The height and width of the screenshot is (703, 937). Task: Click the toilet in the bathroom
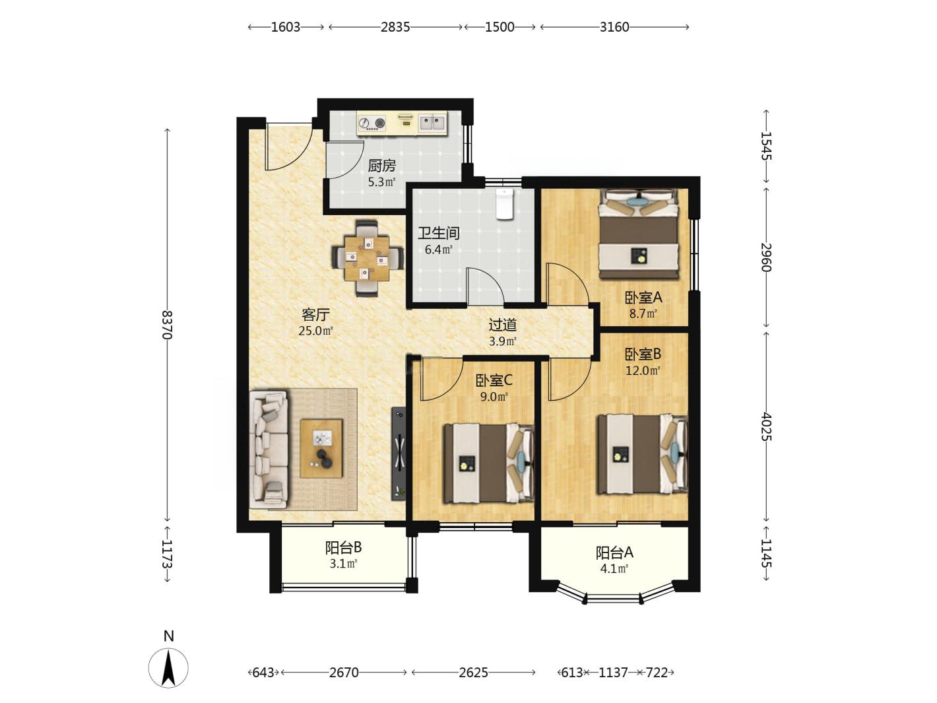point(504,204)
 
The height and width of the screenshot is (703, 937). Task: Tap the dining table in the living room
point(367,259)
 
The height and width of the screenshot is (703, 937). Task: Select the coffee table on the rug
point(321,448)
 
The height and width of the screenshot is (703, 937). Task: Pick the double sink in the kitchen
point(432,123)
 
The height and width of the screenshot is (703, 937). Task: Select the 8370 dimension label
point(168,325)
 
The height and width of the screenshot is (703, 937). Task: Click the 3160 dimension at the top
point(614,27)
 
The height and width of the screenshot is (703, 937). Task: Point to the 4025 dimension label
point(767,426)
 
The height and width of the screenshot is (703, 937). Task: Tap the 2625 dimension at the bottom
point(473,673)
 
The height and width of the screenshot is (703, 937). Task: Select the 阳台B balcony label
point(343,548)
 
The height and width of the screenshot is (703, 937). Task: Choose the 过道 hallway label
point(503,325)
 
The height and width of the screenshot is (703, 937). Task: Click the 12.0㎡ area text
point(643,370)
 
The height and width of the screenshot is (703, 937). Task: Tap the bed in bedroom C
point(489,463)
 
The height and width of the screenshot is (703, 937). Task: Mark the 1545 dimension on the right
point(767,146)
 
